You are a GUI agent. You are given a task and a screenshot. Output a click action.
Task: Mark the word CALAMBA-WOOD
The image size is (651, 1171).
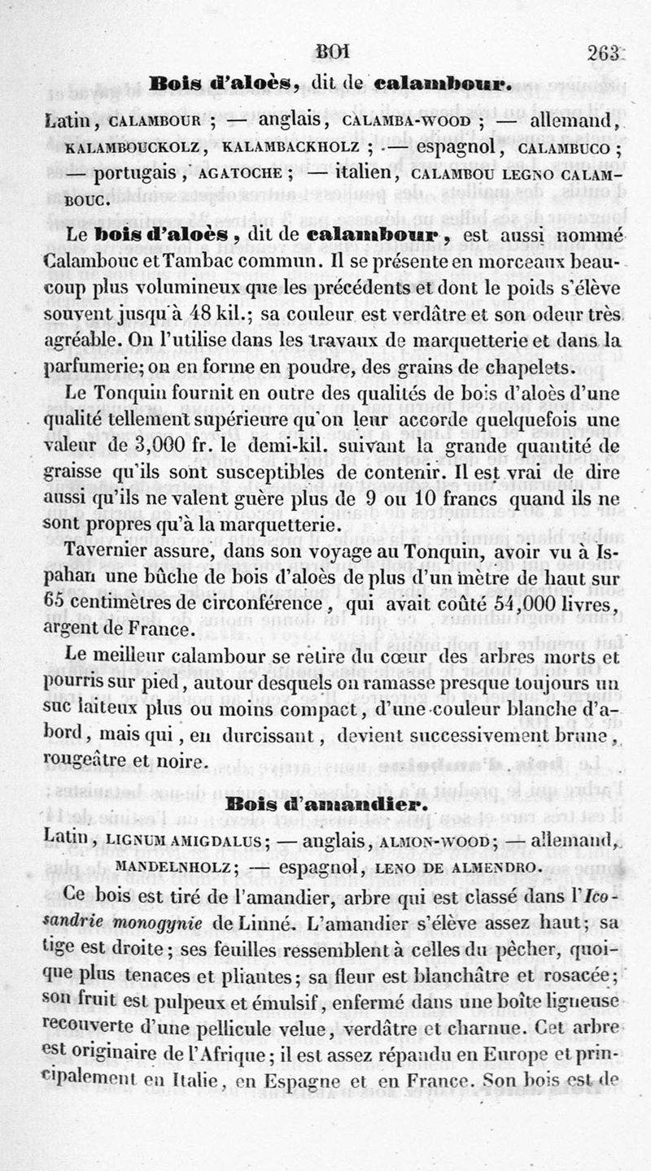402,123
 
